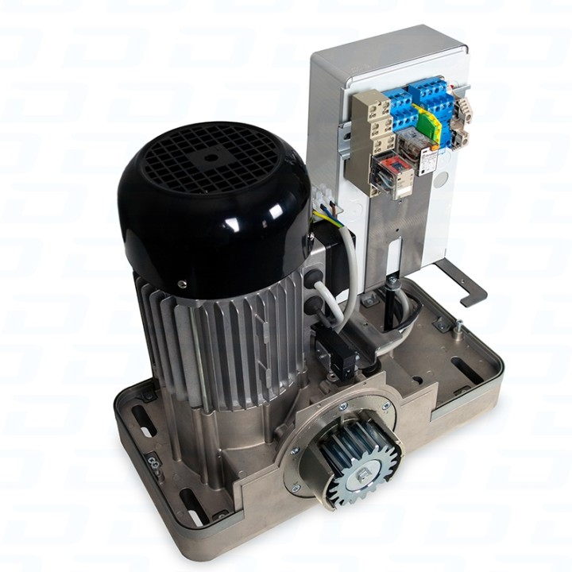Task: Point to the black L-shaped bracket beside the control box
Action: pos(465,282)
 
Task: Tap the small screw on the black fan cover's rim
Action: pos(182,283)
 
